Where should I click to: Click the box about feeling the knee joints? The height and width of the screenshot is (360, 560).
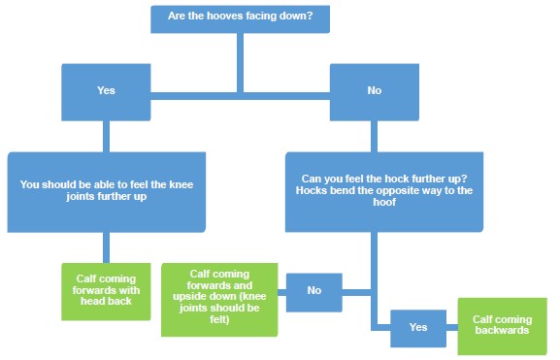tap(107, 189)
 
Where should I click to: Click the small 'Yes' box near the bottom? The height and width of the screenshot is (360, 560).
tap(417, 327)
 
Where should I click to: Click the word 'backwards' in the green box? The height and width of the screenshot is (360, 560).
tap(502, 331)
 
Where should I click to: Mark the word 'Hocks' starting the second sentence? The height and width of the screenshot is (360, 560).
tap(312, 190)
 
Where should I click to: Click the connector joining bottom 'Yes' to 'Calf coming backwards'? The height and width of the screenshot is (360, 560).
tap(451, 326)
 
